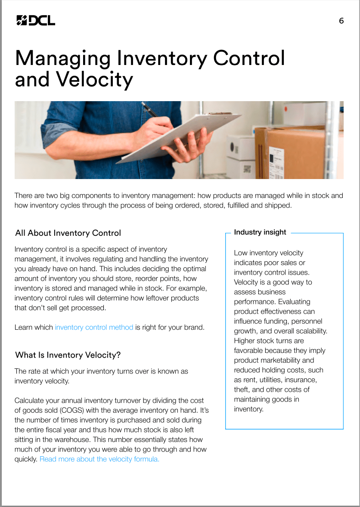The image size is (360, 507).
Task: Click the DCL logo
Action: [35, 20]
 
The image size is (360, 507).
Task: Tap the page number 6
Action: [341, 21]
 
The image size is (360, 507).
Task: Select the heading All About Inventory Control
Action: [68, 233]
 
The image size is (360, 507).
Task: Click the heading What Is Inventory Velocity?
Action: [68, 355]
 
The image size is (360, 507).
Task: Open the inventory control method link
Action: [94, 327]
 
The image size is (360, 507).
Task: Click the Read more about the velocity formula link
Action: [99, 459]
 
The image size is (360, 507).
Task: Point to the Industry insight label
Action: [260, 232]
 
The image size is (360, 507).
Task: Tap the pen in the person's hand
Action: [149, 109]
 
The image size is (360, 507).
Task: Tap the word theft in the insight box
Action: [242, 390]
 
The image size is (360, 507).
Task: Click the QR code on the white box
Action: [247, 168]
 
